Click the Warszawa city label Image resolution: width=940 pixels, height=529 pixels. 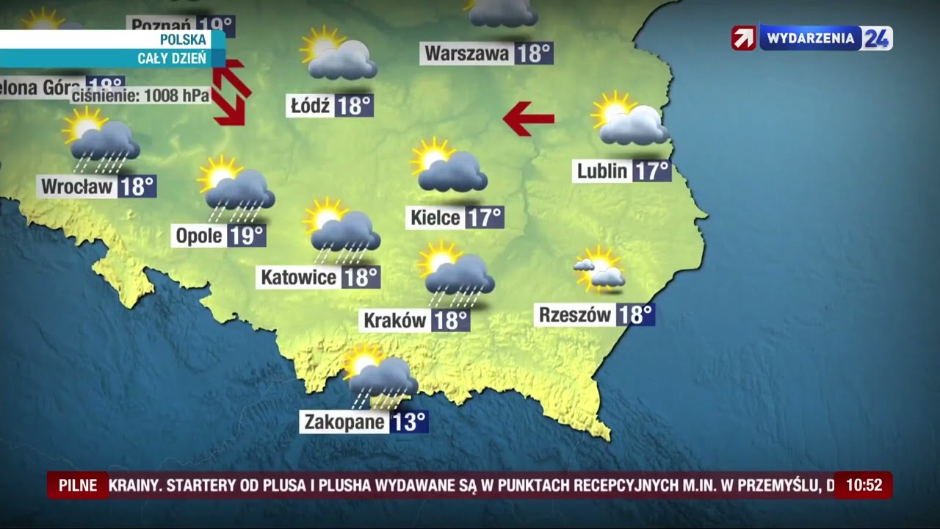(467, 54)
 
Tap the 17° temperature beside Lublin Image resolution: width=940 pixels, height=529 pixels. (651, 171)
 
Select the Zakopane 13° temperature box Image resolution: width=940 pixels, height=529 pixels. (408, 422)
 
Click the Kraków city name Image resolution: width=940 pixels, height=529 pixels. (395, 320)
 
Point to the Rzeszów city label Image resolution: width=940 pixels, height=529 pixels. (575, 315)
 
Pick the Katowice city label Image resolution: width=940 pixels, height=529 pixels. (298, 277)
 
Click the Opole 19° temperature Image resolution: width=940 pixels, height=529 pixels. (246, 236)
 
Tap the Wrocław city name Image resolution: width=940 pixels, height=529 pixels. (77, 187)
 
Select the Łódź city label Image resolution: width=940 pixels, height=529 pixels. (308, 107)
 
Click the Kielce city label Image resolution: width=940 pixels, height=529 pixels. (435, 217)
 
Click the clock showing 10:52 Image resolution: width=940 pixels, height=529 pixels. (864, 486)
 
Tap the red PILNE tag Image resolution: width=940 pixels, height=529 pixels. (78, 486)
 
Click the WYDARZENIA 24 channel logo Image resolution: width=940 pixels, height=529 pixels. (811, 38)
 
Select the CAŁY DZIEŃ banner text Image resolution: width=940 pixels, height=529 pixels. (172, 59)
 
